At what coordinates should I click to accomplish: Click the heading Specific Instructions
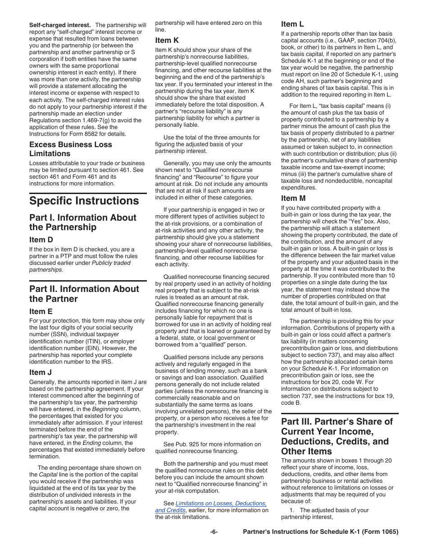pyautogui.click(x=84, y=201)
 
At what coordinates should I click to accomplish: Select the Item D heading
pyautogui.click(x=41, y=240)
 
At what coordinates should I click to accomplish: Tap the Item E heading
pyautogui.click(x=41, y=311)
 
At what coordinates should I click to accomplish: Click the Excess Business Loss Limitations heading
pyautogui.click(x=71, y=149)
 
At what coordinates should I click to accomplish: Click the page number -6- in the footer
pyautogui.click(x=214, y=532)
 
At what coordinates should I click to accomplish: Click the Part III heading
pyautogui.click(x=337, y=436)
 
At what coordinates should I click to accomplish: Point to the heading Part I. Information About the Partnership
pyautogui.click(x=83, y=222)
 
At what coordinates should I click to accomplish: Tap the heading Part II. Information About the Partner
pyautogui.click(x=84, y=294)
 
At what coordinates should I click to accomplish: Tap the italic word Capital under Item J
pyautogui.click(x=48, y=475)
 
